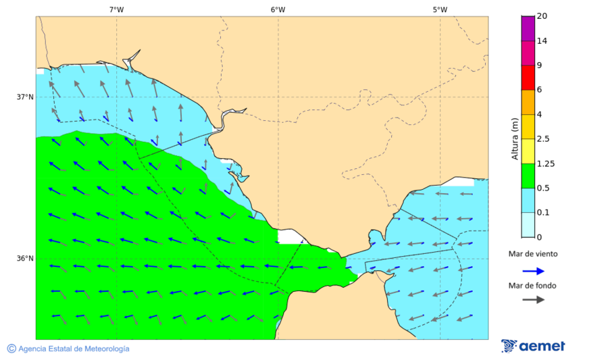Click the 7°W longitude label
point(116,9)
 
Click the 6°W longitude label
point(278,9)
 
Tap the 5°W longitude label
point(440,9)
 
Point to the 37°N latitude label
point(25,97)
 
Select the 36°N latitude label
point(25,259)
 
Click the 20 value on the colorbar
point(542,16)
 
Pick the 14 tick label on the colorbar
point(542,41)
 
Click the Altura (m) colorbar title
point(515,139)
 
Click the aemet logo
point(533,346)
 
